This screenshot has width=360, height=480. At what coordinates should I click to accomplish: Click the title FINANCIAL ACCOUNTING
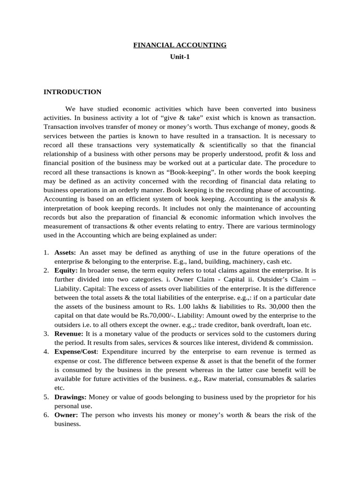[x=180, y=45]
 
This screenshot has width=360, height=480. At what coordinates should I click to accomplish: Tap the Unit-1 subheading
[x=180, y=57]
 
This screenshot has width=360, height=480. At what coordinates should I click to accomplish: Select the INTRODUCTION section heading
[x=72, y=92]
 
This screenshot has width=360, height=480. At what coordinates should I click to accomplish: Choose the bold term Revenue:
[x=69, y=334]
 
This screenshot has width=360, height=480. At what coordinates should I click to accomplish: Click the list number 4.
[x=46, y=351]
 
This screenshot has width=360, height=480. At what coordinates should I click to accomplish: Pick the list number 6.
[x=46, y=415]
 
